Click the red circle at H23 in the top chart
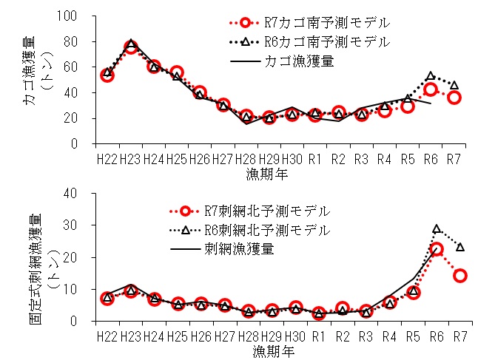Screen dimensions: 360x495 (130, 47)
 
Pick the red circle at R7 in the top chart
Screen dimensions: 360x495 (455, 98)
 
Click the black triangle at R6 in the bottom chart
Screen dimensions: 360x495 (437, 230)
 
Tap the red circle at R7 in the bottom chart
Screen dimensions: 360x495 (460, 276)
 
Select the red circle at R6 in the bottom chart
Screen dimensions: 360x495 (437, 249)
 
